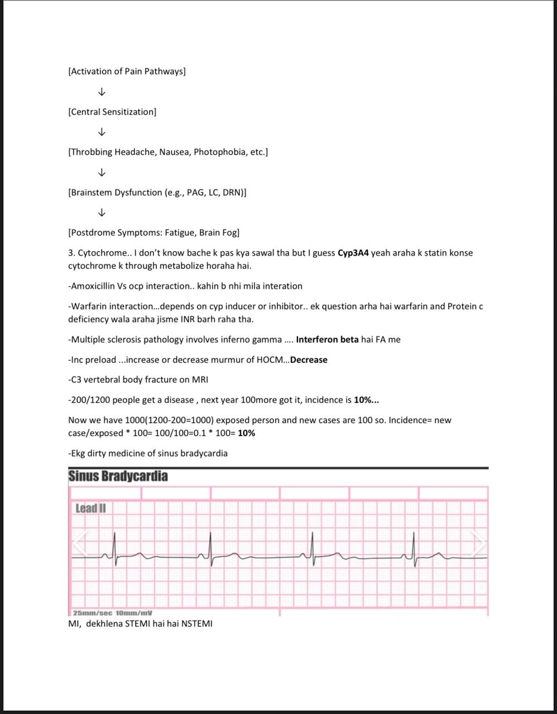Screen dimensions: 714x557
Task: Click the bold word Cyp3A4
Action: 353,253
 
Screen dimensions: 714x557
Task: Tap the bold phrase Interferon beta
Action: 327,339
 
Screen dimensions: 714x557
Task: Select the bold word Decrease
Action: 309,360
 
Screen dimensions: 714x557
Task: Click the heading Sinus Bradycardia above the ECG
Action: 118,476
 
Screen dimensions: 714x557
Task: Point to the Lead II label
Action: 90,508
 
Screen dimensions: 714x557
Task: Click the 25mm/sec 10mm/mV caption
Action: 113,612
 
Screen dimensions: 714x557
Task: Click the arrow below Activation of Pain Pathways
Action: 102,91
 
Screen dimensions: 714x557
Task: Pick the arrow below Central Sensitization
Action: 102,132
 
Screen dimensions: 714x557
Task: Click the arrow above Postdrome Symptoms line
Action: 102,213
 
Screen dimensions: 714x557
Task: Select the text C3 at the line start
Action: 76,380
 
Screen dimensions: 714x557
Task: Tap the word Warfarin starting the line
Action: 88,306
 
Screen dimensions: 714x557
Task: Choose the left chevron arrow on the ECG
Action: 80,543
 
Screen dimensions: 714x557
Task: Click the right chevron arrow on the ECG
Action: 478,543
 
